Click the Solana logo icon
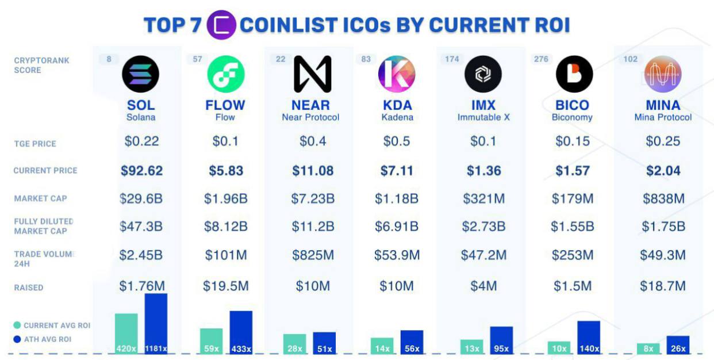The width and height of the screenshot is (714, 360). coord(141,74)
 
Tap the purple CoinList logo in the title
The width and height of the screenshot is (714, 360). coord(221,25)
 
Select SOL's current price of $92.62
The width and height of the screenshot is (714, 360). coord(141,171)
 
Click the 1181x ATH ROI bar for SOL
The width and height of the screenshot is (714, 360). coord(156,324)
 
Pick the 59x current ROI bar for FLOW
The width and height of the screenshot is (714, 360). coord(212,341)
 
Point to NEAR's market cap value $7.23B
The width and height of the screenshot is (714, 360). coord(313,198)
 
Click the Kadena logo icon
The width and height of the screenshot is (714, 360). coord(397,74)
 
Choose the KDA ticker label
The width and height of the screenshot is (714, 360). coord(397,105)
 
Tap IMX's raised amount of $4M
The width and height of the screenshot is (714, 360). coord(483,286)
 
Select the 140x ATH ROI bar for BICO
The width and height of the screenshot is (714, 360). coord(589,338)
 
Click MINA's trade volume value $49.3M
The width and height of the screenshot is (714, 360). coord(663,255)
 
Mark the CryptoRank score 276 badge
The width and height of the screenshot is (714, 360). coord(541,59)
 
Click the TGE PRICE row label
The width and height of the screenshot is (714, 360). coord(35,144)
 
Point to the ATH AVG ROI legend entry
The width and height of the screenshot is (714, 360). coord(43,339)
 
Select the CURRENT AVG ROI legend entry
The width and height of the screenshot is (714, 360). coord(52,325)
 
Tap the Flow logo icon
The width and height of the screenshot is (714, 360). coord(226,74)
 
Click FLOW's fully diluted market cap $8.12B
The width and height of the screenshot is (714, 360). coord(226,227)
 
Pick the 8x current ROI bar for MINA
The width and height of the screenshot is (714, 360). coord(648,348)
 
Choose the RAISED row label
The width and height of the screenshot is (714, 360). coord(29,288)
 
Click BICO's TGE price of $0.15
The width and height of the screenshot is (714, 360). coord(573,141)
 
